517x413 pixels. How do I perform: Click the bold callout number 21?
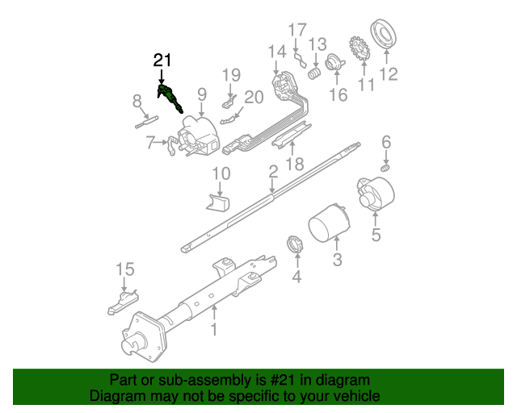(162, 60)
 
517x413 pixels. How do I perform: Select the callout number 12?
(389, 75)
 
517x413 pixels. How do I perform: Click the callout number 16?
(338, 94)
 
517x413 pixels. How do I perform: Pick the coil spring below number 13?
(316, 73)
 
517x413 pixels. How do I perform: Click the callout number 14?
(277, 52)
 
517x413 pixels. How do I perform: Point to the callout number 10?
(221, 173)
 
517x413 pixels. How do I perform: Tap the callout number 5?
(376, 235)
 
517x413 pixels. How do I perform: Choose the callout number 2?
(273, 171)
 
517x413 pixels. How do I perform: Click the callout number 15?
(124, 269)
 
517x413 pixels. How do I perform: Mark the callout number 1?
(214, 329)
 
